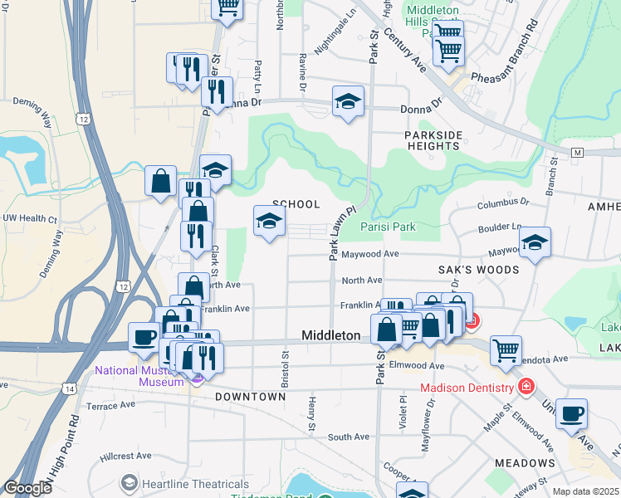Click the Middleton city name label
[x=330, y=334]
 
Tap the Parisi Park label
[x=387, y=226]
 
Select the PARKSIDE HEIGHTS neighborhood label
[x=433, y=140]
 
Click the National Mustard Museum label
[x=139, y=376]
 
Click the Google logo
[x=27, y=488]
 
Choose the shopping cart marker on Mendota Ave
[x=506, y=350]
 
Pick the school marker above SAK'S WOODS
[x=535, y=242]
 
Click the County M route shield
[x=578, y=154]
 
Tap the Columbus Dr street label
[x=502, y=202]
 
